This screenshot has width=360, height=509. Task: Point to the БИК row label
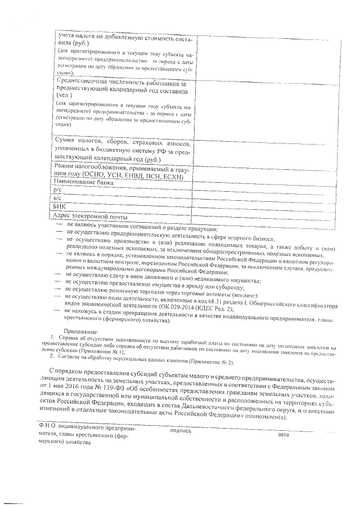coord(59,208)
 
